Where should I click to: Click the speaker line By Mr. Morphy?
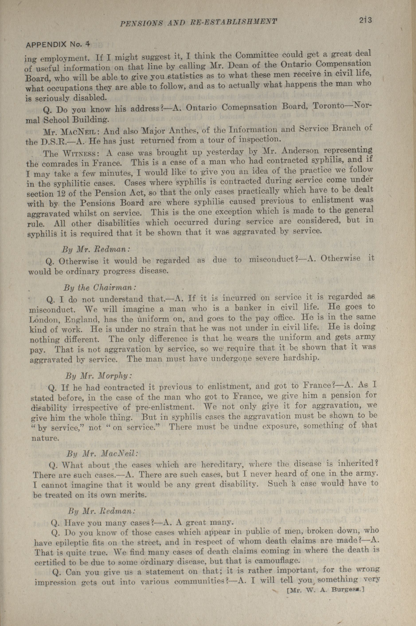pyautogui.click(x=98, y=376)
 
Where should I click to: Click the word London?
pyautogui.click(x=42, y=320)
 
